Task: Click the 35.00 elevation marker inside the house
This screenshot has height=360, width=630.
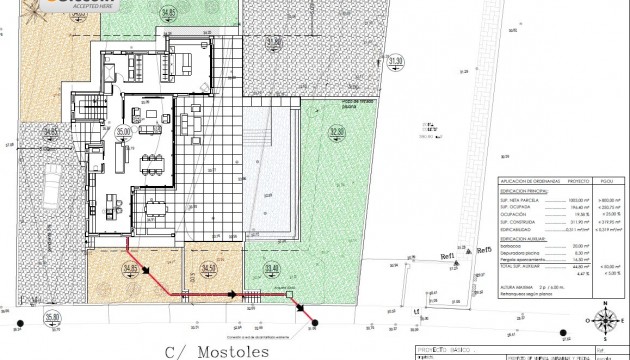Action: (x=123, y=131)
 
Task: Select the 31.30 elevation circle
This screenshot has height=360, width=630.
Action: (x=395, y=61)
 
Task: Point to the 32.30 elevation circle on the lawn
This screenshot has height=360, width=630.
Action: (x=336, y=131)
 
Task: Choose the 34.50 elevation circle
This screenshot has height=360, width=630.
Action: (x=209, y=268)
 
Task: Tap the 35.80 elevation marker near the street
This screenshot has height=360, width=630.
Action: (x=51, y=317)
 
